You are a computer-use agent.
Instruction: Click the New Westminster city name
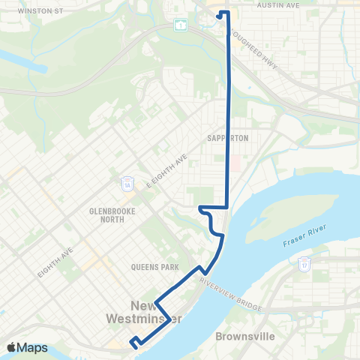point(155,313)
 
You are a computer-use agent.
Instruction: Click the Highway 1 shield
point(181,25)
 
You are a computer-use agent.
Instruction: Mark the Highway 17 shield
point(305,264)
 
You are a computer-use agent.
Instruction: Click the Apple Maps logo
point(28,347)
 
